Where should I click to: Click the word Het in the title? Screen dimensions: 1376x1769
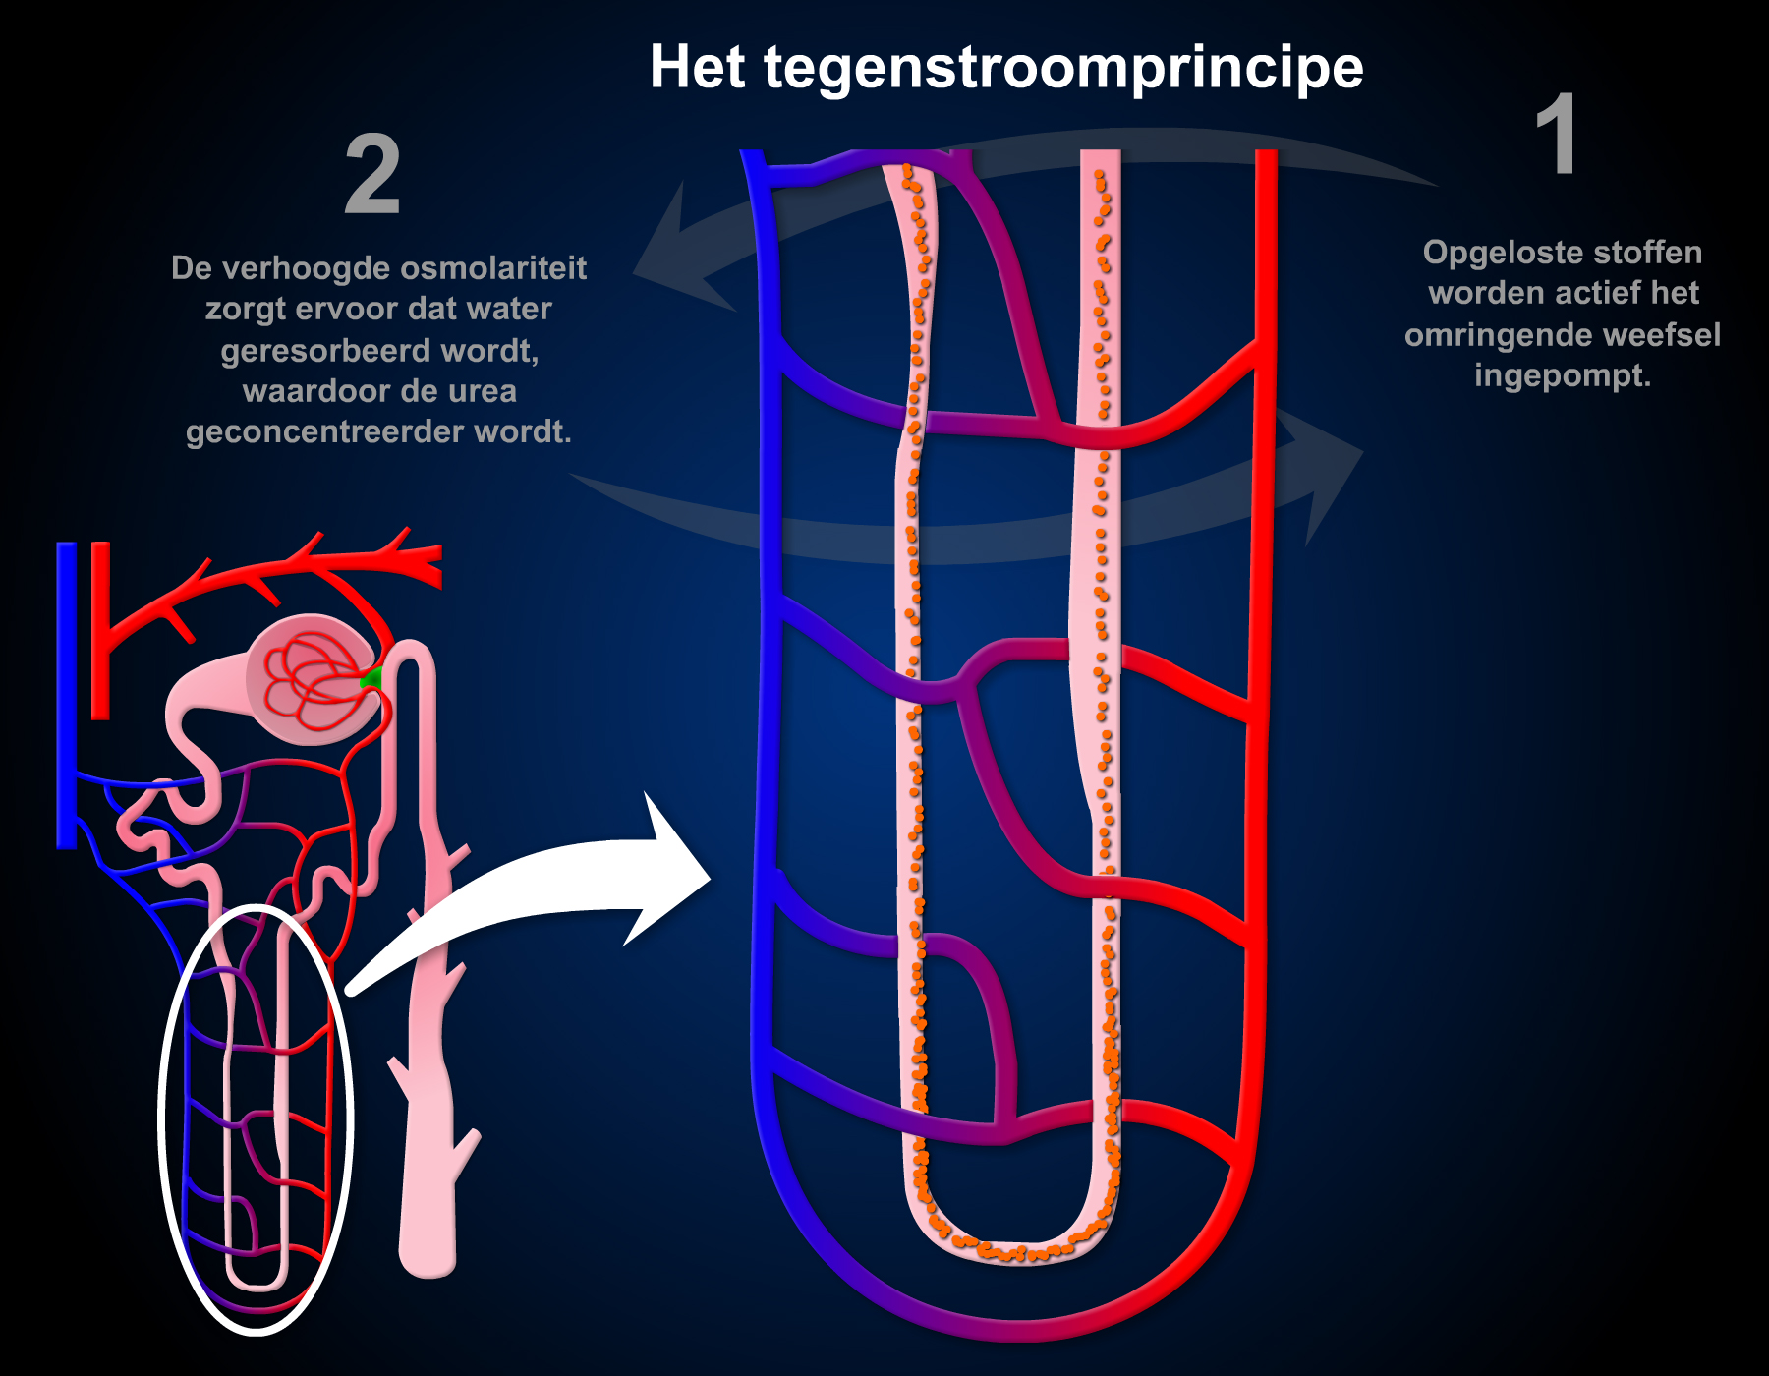tap(697, 68)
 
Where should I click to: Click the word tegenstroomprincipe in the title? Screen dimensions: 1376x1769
tap(1063, 69)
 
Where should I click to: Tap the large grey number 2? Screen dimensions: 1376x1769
tap(372, 176)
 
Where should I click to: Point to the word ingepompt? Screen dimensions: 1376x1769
tap(1562, 375)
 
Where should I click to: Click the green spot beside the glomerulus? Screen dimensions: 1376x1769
tap(371, 678)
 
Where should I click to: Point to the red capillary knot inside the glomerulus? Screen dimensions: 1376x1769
tap(310, 678)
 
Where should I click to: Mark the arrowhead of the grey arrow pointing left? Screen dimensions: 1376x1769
tap(678, 256)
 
